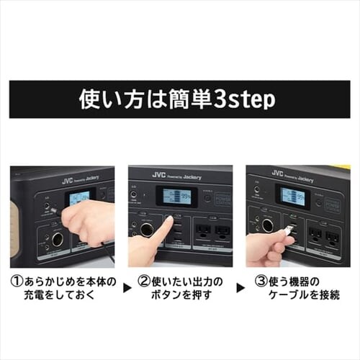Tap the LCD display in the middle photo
coord(176,197)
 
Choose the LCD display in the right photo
coord(292,197)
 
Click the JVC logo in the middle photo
coord(159,175)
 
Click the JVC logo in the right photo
coord(277,174)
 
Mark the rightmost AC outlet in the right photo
coord(332,237)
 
